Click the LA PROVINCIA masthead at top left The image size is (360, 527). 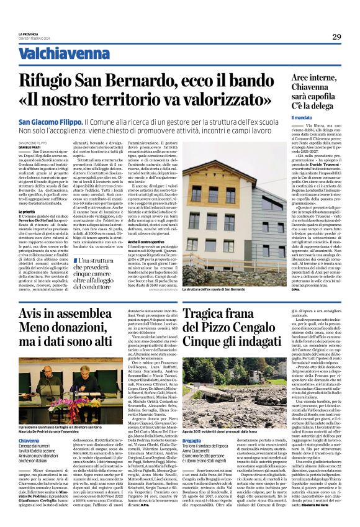coord(29,35)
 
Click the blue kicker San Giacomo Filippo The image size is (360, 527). coord(50,122)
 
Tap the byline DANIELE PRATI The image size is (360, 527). coord(30,146)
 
